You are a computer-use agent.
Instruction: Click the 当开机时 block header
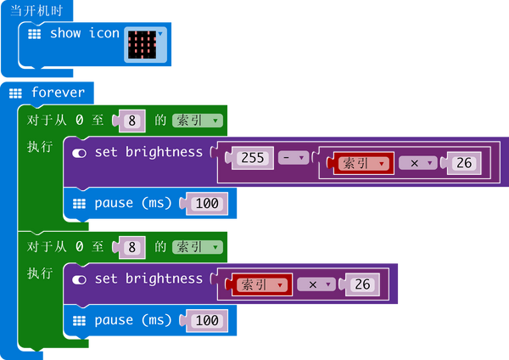pos(36,10)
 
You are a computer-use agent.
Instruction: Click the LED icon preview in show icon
pos(142,42)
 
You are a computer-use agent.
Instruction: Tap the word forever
pos(57,92)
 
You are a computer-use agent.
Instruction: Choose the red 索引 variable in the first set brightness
pos(363,163)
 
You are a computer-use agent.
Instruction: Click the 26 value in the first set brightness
pos(463,163)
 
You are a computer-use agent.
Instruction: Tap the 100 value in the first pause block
pos(206,204)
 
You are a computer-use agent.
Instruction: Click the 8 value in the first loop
pos(131,121)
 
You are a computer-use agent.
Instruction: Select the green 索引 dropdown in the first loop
pos(198,121)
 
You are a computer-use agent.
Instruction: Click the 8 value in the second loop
pos(131,247)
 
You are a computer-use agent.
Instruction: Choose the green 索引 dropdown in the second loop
pos(198,247)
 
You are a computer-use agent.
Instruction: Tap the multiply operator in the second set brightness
pos(317,284)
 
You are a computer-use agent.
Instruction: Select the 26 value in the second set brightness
pos(362,284)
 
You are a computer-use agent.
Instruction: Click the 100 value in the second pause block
pos(206,321)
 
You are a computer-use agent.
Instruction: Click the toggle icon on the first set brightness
pos(80,153)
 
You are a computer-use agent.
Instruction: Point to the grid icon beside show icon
pos(35,34)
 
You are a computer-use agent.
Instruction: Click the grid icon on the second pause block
pos(80,321)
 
